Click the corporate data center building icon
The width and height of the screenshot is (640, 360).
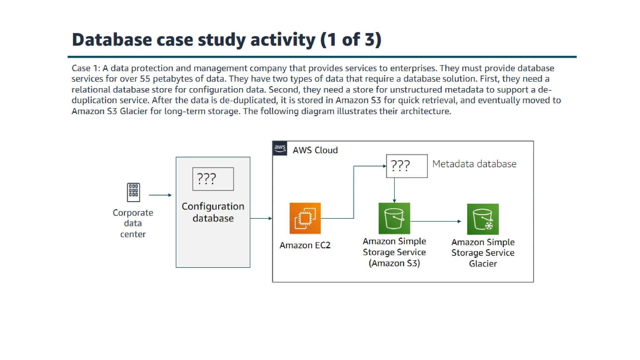click(133, 192)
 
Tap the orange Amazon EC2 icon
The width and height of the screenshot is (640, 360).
click(305, 218)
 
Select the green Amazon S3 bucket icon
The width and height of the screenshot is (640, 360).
click(394, 218)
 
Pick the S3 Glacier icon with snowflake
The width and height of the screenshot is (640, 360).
click(483, 219)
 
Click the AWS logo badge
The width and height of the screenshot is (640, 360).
click(280, 148)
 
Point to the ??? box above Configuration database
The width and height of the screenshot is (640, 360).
click(213, 179)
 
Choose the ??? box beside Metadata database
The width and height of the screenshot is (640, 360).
click(407, 166)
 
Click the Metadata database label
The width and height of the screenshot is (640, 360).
click(474, 164)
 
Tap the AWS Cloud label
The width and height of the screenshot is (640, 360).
click(315, 150)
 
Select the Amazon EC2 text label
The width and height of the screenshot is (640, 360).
click(305, 245)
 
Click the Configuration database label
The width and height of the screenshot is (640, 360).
click(213, 212)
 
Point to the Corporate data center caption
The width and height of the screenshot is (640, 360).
click(133, 223)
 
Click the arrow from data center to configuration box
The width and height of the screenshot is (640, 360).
click(160, 195)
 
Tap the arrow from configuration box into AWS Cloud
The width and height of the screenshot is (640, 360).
click(261, 218)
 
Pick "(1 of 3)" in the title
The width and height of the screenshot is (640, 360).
click(351, 40)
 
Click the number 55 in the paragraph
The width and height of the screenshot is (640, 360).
click(145, 79)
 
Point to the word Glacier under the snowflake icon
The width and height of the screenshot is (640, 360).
click(483, 264)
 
